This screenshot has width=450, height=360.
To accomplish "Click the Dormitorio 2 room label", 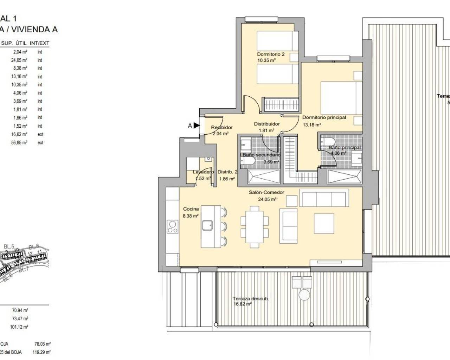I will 271,54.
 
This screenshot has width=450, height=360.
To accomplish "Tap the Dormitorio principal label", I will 324,117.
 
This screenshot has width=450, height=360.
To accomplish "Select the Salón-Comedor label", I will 266,192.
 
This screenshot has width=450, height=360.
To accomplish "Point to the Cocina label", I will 191,209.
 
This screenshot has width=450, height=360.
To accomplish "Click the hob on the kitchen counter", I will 172,226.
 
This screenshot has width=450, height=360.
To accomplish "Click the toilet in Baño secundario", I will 249,161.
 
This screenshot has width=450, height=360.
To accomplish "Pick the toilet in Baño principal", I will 328,141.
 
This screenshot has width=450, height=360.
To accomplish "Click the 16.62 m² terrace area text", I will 242,304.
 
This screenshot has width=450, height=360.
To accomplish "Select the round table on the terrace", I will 303,294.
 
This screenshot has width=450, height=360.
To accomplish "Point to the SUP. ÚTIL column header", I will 12,43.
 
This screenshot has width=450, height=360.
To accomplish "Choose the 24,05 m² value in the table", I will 19,60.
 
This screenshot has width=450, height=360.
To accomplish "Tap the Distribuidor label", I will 267,124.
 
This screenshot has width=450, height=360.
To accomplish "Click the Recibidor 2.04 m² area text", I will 221,134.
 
